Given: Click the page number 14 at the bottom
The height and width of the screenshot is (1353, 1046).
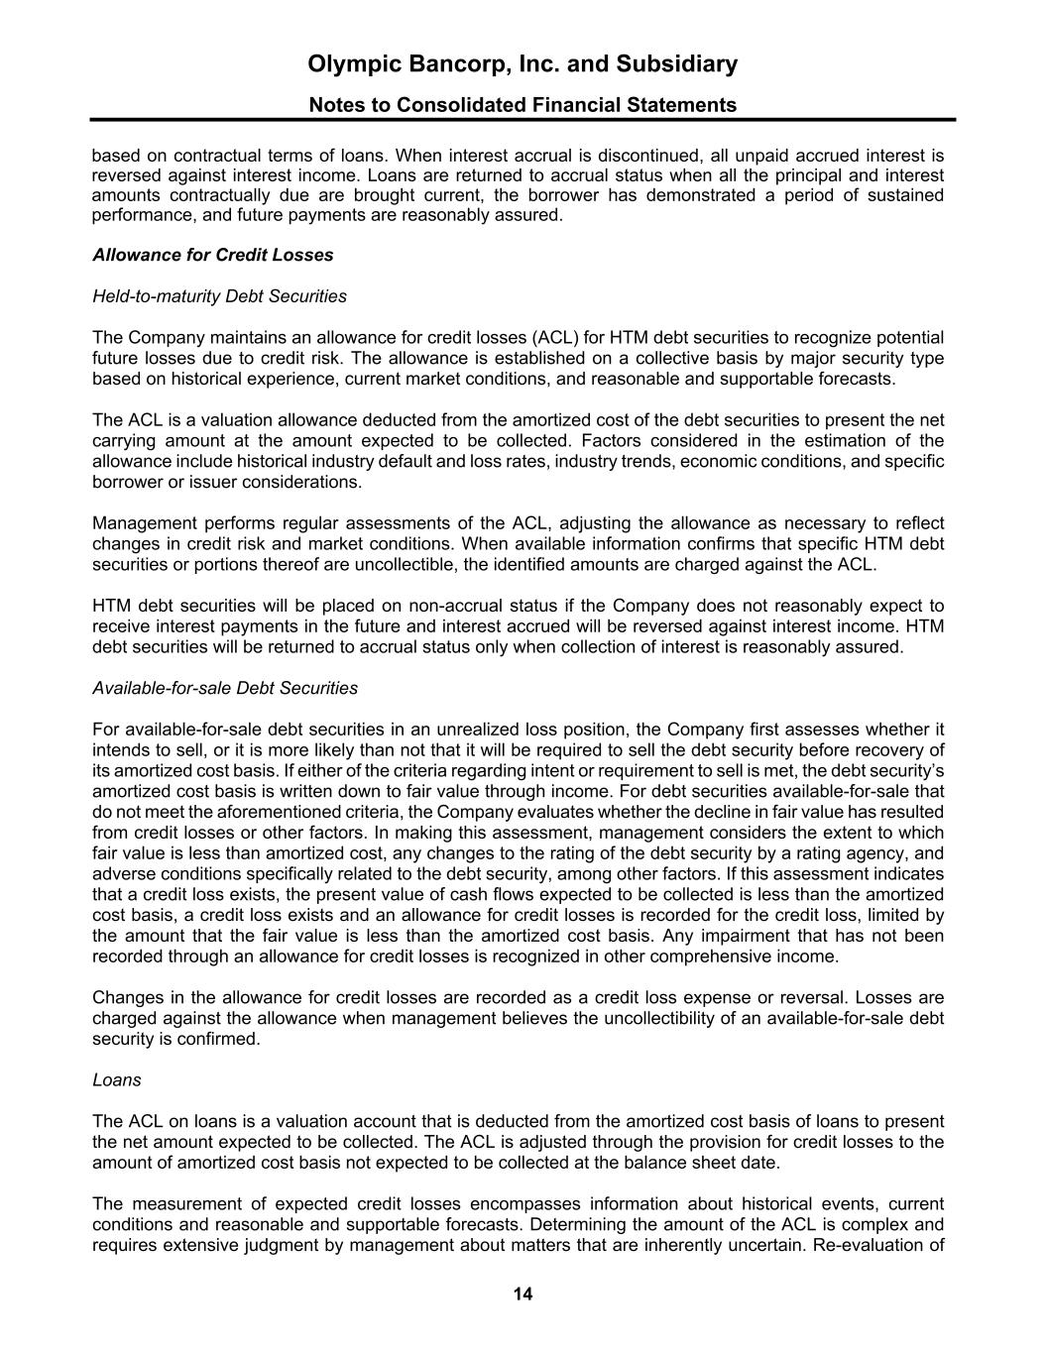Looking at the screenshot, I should click(523, 1294).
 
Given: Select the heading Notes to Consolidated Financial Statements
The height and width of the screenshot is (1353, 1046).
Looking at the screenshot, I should click(523, 105).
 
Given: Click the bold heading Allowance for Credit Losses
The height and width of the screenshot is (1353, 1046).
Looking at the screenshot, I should click(212, 255).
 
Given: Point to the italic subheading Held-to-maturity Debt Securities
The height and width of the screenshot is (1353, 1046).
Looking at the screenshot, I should click(219, 296).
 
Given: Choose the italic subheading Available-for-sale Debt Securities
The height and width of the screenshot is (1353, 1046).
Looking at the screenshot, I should click(225, 688).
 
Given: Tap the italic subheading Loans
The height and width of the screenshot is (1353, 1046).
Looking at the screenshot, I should click(116, 1080).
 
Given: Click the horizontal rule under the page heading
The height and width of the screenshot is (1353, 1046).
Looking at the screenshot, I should click(523, 120).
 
